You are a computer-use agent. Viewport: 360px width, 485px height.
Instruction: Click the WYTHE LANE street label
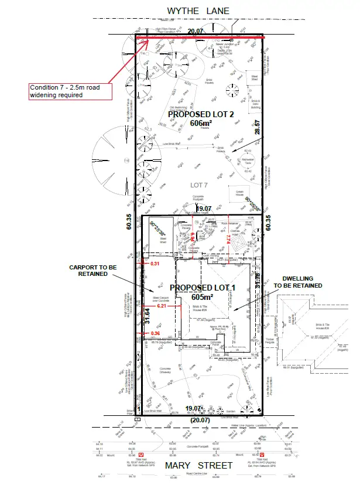tap(198, 11)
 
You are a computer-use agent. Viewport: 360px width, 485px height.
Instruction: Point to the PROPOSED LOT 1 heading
tap(202, 288)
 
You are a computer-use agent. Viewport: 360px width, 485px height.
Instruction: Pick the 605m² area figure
tap(202, 298)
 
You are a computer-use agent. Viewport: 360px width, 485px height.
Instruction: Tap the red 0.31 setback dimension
tap(156, 264)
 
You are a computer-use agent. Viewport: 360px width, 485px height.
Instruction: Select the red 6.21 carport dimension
tap(162, 306)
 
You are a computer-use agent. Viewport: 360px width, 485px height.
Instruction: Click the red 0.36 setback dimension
tap(155, 333)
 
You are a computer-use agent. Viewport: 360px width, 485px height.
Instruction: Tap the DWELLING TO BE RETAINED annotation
tap(299, 282)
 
